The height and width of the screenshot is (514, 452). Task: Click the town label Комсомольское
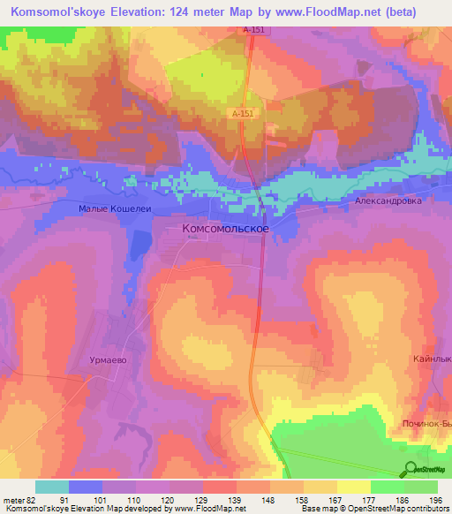click(x=225, y=228)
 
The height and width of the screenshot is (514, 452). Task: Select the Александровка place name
click(x=388, y=200)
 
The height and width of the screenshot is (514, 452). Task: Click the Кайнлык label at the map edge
click(x=432, y=359)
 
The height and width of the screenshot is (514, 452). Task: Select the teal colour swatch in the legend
click(x=52, y=487)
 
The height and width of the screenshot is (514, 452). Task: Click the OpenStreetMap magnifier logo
click(x=410, y=470)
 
